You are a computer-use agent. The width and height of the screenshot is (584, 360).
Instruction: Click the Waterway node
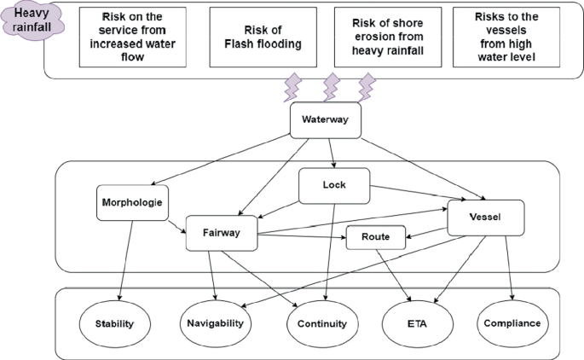[325, 120]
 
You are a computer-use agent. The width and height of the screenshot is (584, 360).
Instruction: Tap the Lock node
[333, 185]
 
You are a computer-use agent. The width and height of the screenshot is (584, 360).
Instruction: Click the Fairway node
[221, 233]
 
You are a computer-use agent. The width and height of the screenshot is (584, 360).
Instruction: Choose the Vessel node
[485, 217]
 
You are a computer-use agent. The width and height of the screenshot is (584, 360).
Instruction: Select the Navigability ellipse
[217, 323]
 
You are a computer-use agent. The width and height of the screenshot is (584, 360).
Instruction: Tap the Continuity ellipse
[321, 323]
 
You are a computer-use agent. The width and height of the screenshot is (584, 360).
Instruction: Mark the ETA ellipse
[417, 323]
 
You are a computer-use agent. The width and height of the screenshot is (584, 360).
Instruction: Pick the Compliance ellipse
[512, 323]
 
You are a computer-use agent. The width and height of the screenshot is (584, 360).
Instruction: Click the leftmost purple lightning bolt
[292, 87]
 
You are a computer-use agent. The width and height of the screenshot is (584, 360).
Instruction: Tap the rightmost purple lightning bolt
[367, 87]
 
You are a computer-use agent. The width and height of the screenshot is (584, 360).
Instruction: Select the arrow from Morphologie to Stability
[125, 260]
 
